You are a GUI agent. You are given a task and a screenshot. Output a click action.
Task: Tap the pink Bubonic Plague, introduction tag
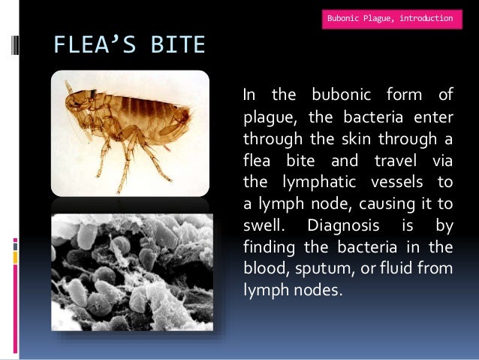click(390, 17)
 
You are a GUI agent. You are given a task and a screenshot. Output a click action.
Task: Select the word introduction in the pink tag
click(426, 17)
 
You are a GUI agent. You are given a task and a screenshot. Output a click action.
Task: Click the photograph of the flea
click(129, 132)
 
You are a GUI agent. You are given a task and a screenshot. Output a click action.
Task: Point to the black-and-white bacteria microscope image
click(129, 271)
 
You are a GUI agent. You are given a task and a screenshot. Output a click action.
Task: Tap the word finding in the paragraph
click(267, 247)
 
